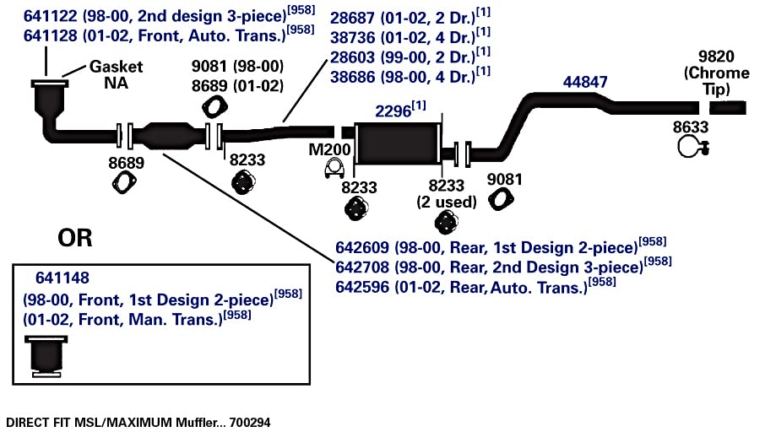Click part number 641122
pos(51,16)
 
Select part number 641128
pos(51,35)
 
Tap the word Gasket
pos(116,66)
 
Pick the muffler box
pos(398,143)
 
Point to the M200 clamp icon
pos(334,169)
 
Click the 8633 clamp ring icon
pos(693,147)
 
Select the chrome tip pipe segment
pos(728,108)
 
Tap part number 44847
pos(585,82)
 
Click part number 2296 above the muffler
pos(393,111)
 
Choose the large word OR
pos(75,238)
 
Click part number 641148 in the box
pos(62,278)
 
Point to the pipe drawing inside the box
pos(46,356)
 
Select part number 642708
pos(362,267)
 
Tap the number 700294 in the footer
pos(250,423)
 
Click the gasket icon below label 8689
pos(124,182)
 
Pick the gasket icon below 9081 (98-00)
pos(214,107)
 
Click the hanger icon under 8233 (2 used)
pos(447,222)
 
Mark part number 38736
pos(352,38)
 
